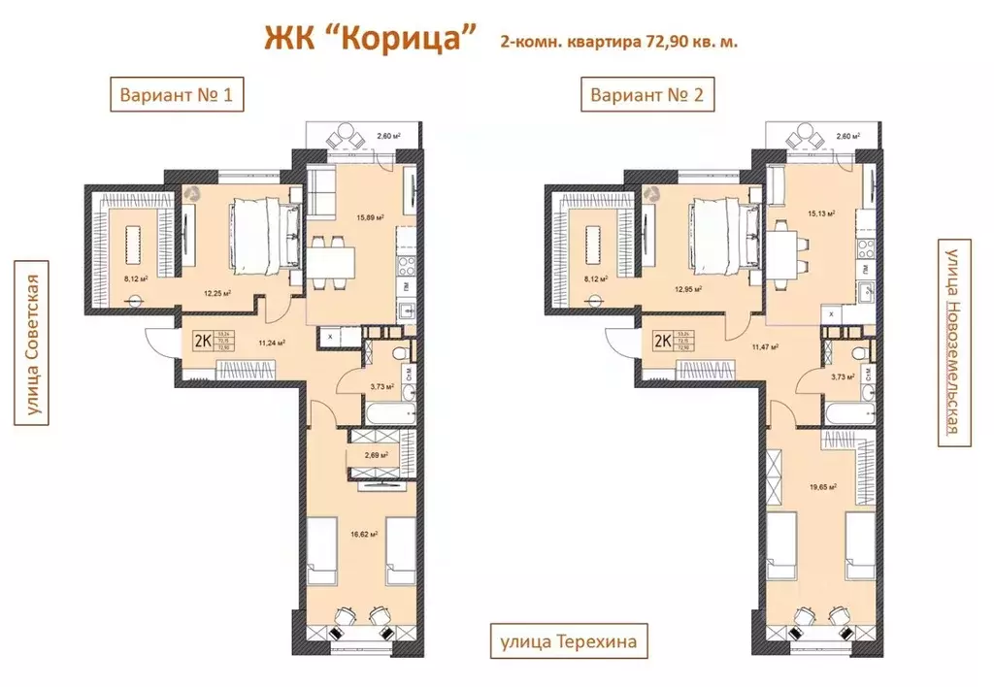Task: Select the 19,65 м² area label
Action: [822, 489]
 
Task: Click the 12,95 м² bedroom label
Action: [687, 289]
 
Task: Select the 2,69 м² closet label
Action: [376, 454]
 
